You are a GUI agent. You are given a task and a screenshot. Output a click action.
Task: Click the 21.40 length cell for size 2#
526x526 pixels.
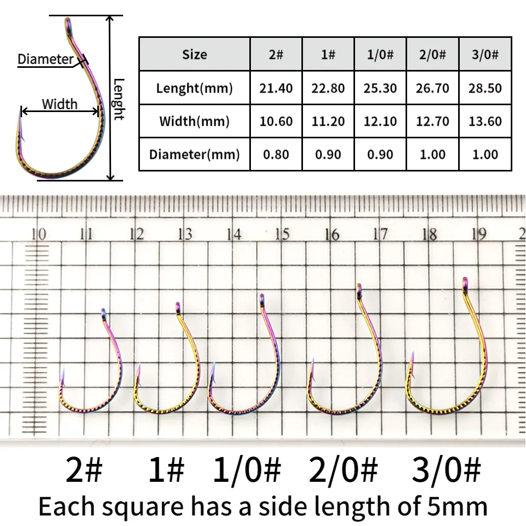coord(276,88)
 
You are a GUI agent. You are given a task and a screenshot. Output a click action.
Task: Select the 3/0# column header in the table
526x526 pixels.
coord(484,54)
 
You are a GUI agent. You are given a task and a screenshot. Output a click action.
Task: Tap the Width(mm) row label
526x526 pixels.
coord(194,122)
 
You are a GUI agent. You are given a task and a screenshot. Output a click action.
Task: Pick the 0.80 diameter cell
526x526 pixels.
coord(276,155)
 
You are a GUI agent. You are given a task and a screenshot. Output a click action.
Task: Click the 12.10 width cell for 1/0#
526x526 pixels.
coord(380,122)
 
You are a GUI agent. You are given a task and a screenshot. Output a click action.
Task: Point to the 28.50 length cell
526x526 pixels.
coord(484,88)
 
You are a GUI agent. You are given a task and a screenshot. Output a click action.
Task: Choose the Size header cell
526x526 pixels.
coord(194,54)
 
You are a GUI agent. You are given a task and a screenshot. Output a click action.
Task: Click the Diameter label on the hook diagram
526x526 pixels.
coord(46,59)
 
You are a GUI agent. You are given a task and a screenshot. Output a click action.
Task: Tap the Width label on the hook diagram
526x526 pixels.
coord(59,104)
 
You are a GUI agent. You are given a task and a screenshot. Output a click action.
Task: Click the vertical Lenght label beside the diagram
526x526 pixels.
coord(119,99)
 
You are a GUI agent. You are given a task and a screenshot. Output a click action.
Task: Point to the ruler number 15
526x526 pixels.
coord(282,234)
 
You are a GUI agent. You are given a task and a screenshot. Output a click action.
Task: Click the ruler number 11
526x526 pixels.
coord(87,234)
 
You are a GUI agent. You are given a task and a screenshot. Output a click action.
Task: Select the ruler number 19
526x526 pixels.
coord(479,234)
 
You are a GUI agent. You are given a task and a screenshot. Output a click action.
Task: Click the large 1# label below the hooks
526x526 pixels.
coord(166,470)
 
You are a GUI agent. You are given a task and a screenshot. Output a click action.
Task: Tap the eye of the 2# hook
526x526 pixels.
coord(104,313)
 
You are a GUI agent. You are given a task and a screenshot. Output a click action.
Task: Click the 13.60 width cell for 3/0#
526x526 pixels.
coord(484,122)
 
